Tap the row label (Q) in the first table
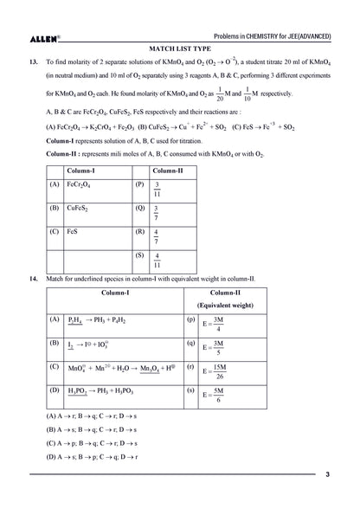139,209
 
